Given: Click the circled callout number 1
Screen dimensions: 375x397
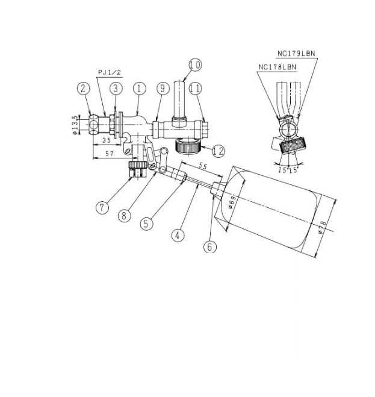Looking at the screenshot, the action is [140, 89].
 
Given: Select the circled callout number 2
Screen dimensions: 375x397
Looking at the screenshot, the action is [84, 89].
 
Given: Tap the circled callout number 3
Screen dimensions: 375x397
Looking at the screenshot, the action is [116, 89].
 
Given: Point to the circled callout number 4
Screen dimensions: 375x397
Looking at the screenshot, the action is [178, 235].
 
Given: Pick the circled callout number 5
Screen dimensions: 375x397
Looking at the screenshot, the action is [147, 224].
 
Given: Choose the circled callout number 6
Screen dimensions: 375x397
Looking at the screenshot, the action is [210, 246].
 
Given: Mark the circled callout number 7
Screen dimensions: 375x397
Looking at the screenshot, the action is [102, 208].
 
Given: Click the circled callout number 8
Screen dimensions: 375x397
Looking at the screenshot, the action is [125, 216].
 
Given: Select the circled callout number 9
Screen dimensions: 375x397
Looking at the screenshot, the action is [163, 89].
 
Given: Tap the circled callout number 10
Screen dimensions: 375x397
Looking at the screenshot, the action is [196, 65].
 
